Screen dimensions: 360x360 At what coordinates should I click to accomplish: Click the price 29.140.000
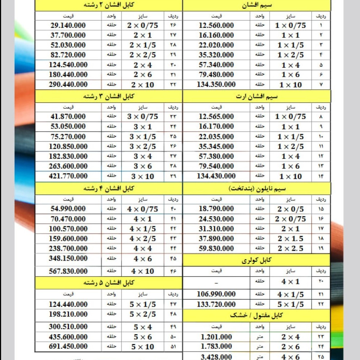click(68, 26)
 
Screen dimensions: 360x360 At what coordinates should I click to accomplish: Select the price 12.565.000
click(216, 117)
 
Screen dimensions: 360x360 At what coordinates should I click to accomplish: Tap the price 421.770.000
click(68, 176)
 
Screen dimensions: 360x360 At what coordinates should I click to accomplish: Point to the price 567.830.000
click(68, 271)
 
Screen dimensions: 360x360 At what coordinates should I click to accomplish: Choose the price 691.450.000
click(68, 346)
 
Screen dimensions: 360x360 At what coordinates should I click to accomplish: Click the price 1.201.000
click(216, 337)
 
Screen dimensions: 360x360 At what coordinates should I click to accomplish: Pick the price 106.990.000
click(216, 294)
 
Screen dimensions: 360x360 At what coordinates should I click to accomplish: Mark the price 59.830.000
click(216, 248)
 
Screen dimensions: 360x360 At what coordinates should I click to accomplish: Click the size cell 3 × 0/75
click(143, 117)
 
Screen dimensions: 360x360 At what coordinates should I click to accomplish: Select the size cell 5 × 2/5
click(143, 314)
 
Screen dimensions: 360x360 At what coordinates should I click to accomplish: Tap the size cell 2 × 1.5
click(290, 239)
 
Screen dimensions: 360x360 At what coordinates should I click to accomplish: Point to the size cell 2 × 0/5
click(290, 209)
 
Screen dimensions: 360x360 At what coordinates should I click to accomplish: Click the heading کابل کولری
click(256, 260)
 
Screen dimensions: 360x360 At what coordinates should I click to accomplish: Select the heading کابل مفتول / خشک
click(256, 315)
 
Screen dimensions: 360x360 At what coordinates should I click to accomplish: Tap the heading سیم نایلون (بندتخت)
click(256, 188)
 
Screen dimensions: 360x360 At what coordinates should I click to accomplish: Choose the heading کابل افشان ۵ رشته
click(109, 283)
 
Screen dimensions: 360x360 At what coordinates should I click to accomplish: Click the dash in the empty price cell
click(216, 282)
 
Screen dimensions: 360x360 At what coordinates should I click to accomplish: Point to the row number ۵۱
click(173, 347)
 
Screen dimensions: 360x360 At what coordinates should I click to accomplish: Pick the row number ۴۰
click(173, 209)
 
